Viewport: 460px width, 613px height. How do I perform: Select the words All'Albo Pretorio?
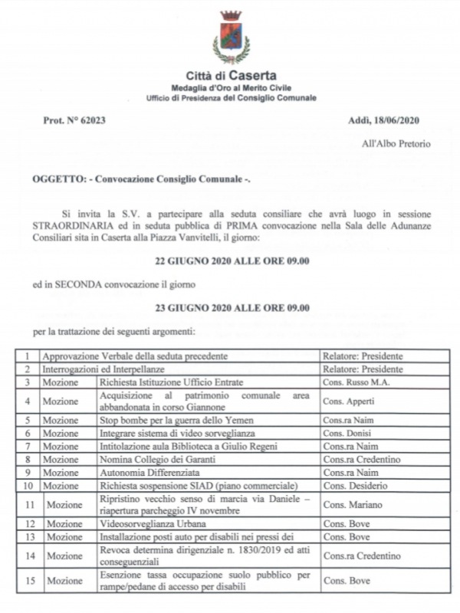point(396,143)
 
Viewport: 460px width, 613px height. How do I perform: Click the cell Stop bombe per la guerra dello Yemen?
point(176,420)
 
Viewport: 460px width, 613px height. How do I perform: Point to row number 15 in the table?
point(29,581)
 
